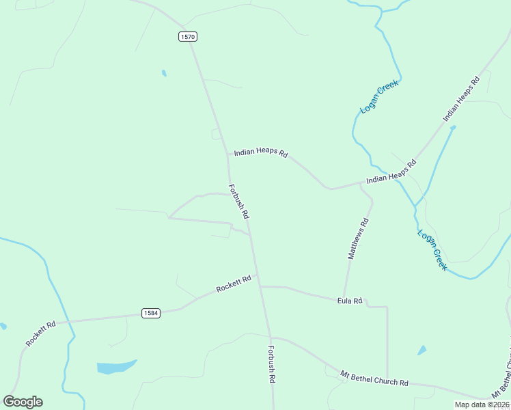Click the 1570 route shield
coord(188,36)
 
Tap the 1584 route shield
coord(151,313)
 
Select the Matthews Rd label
coord(359,238)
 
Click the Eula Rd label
coord(350,301)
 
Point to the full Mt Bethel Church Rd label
coord(374,379)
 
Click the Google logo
coord(23,402)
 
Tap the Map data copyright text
coord(482,405)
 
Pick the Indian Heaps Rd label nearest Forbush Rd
coord(261,153)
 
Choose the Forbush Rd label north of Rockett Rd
coord(238,201)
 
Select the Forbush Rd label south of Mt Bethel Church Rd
coord(271,364)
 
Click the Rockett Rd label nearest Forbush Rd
coord(234,284)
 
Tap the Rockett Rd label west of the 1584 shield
coord(40,333)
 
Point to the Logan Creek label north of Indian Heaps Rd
coord(379,96)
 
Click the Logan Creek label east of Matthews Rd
coord(432,250)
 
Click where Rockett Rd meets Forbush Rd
coord(260,286)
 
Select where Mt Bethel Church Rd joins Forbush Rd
coord(271,338)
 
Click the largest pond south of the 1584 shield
coord(115,367)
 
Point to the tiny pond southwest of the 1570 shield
coord(163,72)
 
